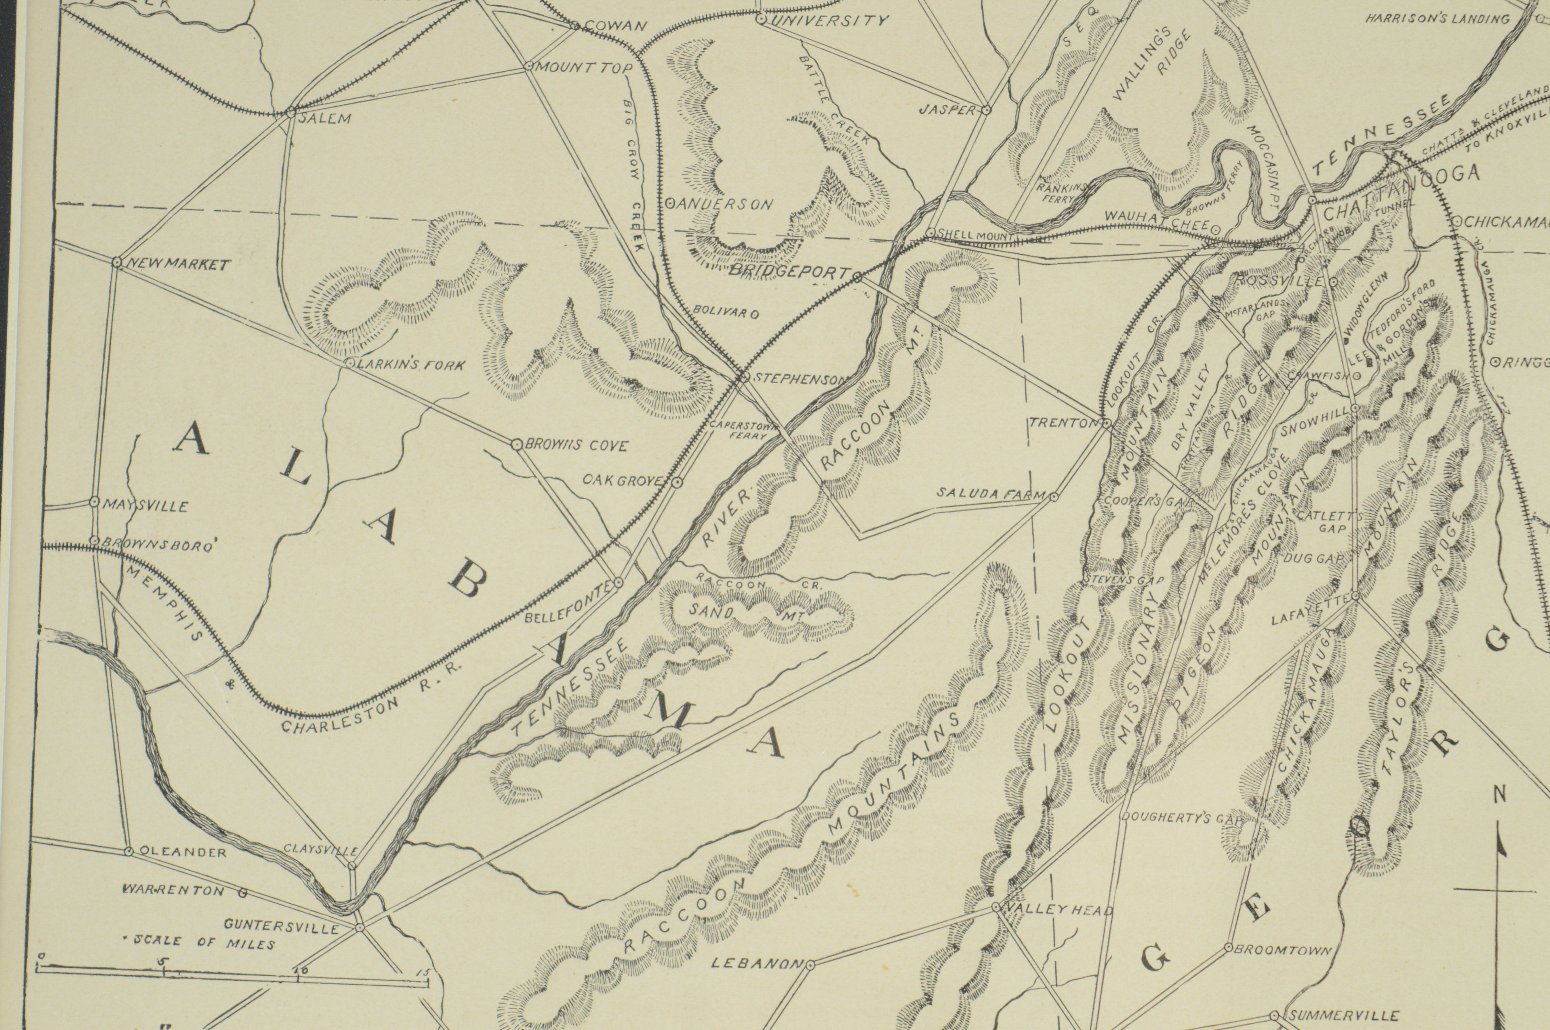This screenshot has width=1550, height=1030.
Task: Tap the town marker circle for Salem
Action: pos(290,113)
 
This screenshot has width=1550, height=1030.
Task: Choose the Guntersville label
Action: pos(281,926)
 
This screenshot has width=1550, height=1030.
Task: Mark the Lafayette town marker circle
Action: pos(1355,596)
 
